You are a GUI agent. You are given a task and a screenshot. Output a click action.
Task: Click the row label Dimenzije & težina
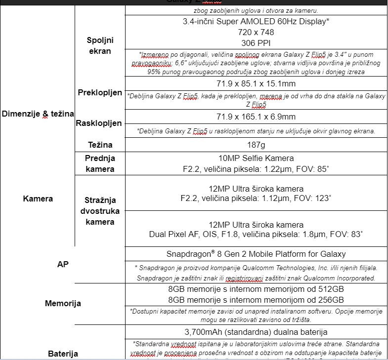pyautogui.click(x=38, y=114)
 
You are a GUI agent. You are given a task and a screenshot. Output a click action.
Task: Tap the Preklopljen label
pyautogui.click(x=100, y=92)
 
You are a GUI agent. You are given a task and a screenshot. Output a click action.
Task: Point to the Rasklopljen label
pyautogui.click(x=99, y=123)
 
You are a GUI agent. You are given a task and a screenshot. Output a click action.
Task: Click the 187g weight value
pyautogui.click(x=256, y=145)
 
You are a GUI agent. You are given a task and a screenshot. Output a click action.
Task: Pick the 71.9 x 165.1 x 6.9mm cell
pyautogui.click(x=256, y=117)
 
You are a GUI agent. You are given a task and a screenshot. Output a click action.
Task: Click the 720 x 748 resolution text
pyautogui.click(x=256, y=32)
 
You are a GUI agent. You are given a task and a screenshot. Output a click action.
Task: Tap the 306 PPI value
pyautogui.click(x=256, y=42)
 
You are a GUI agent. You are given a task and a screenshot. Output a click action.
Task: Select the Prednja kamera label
pyautogui.click(x=99, y=163)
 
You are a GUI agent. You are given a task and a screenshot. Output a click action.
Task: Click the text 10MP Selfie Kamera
pyautogui.click(x=256, y=159)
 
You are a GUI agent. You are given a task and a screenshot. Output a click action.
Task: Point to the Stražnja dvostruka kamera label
pyautogui.click(x=99, y=211)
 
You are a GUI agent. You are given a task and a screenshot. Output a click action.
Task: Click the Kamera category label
pyautogui.click(x=38, y=199)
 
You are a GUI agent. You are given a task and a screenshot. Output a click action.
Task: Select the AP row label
pyautogui.click(x=63, y=264)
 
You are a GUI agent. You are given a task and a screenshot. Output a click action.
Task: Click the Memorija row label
pyautogui.click(x=63, y=303)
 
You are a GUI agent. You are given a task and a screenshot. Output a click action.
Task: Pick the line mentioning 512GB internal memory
pyautogui.click(x=256, y=289)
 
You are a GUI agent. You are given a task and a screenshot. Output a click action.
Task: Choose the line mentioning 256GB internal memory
pyautogui.click(x=256, y=299)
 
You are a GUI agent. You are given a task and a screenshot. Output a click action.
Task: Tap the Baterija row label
pyautogui.click(x=63, y=353)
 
